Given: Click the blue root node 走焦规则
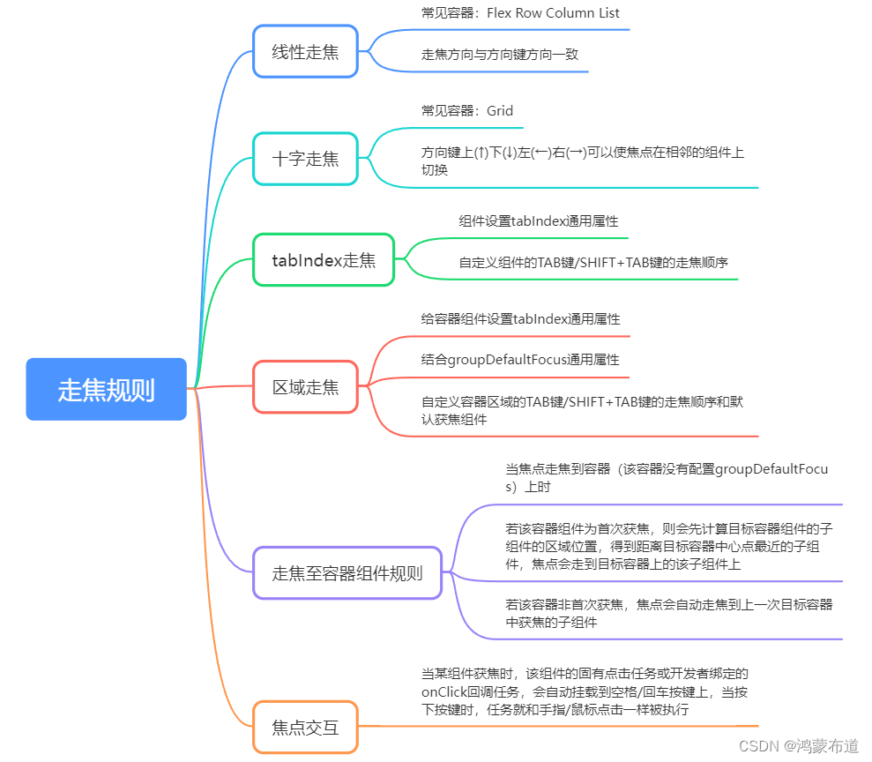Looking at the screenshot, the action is [106, 389].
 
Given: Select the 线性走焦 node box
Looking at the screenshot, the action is [305, 51].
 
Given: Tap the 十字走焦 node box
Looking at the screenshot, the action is [305, 159].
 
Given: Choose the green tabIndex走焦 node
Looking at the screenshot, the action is [323, 259].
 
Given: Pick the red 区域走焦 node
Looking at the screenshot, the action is [305, 386].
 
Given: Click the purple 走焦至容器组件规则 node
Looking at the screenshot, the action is [347, 573].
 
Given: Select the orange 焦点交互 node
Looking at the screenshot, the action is [305, 728].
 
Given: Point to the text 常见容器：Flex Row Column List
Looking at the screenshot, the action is [520, 13].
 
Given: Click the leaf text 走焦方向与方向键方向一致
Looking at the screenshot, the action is [500, 54].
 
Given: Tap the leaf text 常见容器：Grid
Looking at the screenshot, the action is [467, 111].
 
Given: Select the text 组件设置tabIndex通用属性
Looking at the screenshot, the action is [539, 221].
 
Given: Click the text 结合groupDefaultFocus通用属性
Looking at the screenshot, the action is [520, 360].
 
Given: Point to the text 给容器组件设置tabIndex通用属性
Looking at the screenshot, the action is [520, 318].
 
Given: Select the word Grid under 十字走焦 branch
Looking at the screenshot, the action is [499, 111].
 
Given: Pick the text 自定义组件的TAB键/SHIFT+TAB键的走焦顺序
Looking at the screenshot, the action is [593, 262].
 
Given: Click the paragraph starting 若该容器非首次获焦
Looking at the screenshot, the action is [668, 613].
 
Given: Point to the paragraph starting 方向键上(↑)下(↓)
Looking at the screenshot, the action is [582, 161].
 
